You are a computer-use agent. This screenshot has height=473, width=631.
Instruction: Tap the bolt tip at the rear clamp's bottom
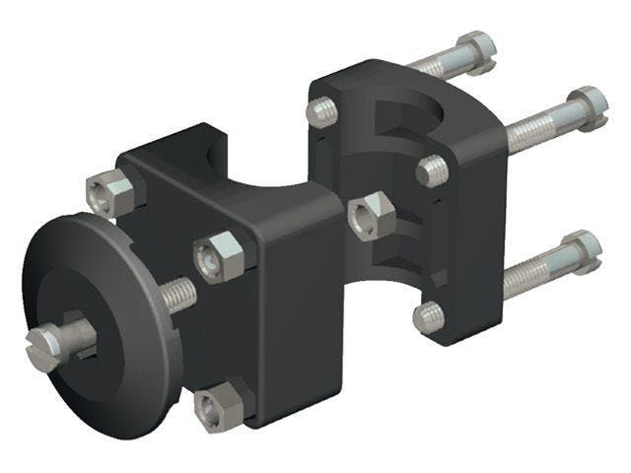click(x=426, y=317)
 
